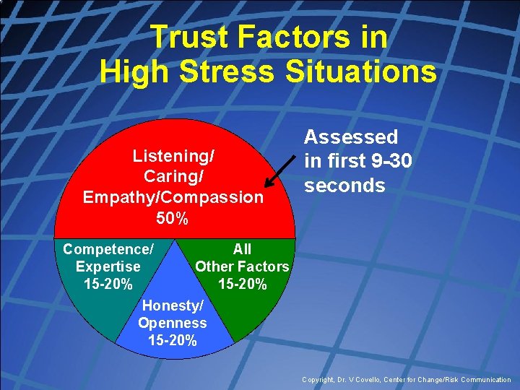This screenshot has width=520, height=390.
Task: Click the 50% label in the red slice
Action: (x=173, y=218)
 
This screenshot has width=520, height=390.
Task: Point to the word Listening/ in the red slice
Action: (x=174, y=156)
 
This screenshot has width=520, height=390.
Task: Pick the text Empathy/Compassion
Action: (x=173, y=197)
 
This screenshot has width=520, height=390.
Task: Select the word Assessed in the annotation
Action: (x=350, y=137)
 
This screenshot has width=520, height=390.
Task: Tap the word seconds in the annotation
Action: (x=344, y=186)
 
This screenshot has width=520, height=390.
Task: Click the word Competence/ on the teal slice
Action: (x=108, y=250)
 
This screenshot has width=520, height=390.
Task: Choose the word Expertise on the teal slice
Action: (x=108, y=266)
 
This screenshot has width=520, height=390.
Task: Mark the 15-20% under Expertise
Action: (x=108, y=284)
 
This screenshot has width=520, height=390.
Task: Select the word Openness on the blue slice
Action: (x=173, y=324)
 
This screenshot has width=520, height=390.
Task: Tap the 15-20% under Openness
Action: (x=173, y=341)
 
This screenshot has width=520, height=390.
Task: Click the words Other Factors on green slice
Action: (x=242, y=266)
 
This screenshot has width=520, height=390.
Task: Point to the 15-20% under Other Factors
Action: (x=242, y=285)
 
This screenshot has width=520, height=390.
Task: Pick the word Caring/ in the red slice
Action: (x=174, y=176)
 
